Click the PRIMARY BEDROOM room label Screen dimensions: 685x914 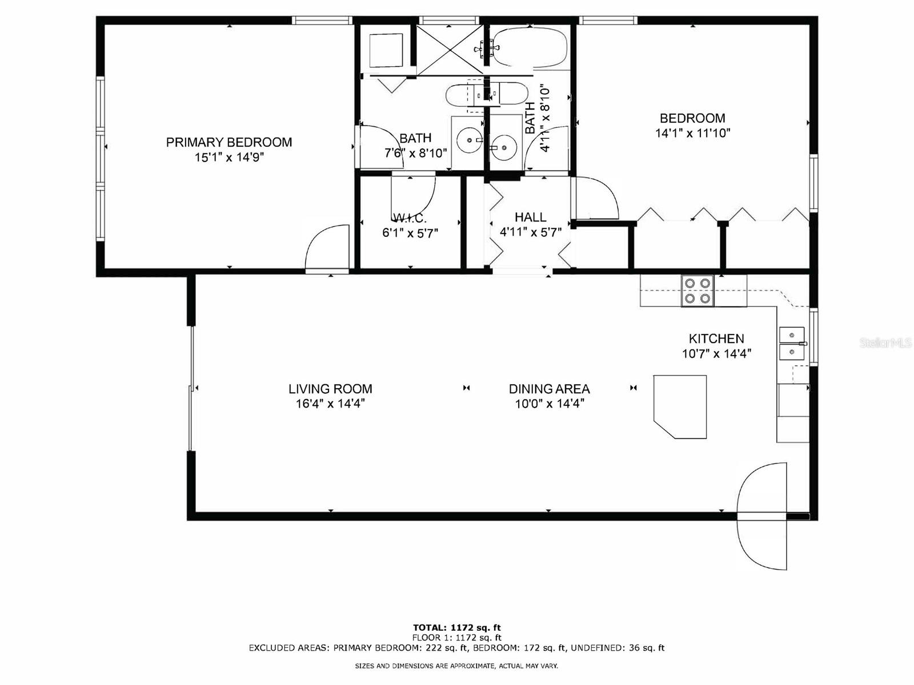tap(228, 142)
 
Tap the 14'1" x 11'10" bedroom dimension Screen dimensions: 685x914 tap(692, 134)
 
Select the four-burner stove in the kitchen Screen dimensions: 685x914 tap(697, 291)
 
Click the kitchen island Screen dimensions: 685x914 tap(681, 405)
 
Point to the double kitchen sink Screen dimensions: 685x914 tap(792, 344)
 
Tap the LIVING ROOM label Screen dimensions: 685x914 tap(330, 389)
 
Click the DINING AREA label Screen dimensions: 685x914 tap(549, 389)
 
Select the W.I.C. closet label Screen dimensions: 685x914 tap(410, 218)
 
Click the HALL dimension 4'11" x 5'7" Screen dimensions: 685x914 tap(531, 232)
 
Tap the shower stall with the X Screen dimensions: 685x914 tap(450, 50)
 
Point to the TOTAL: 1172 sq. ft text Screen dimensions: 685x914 tap(457, 627)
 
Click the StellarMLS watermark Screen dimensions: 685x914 tap(885, 342)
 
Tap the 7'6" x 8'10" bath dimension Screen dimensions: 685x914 tap(415, 153)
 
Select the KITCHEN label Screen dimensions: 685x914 tap(716, 339)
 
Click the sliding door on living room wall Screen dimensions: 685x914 tap(191, 388)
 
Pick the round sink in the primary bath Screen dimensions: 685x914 tap(470, 139)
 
